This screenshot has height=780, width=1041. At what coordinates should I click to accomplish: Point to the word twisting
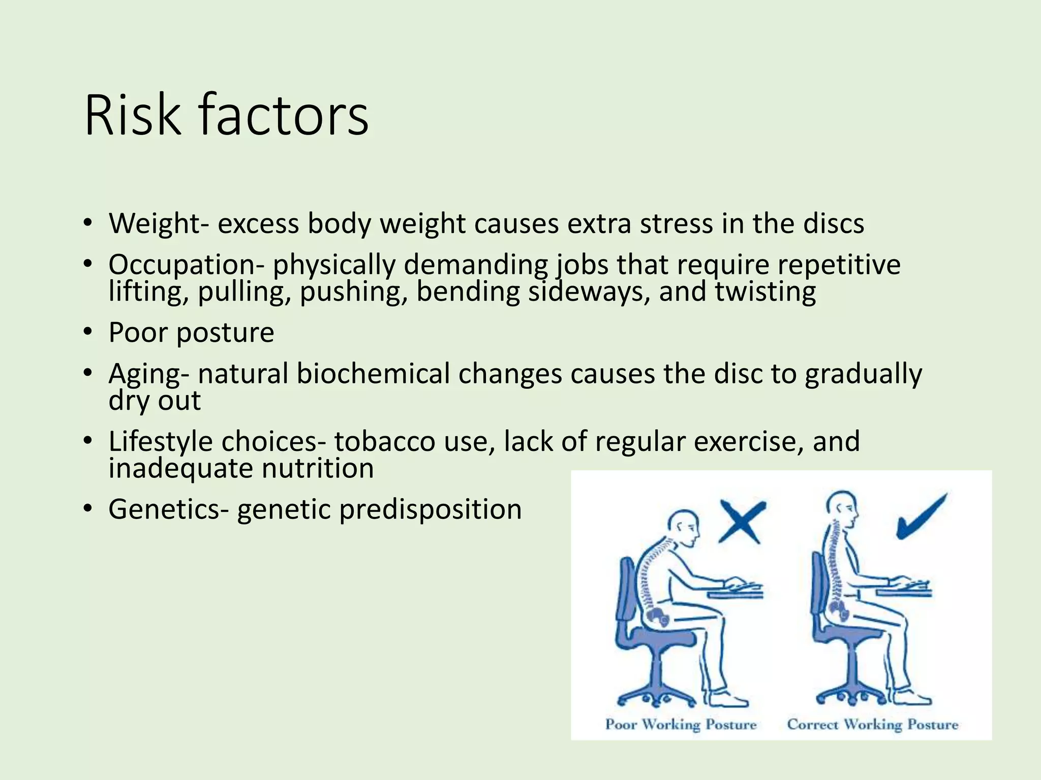pos(766,291)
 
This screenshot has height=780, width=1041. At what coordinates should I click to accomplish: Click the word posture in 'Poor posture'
pos(225,333)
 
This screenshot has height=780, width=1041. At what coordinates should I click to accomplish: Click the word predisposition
pos(430,509)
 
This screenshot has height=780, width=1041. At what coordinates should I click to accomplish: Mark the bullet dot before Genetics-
pos(88,508)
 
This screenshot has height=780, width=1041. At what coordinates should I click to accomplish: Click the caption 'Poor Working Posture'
pos(681,724)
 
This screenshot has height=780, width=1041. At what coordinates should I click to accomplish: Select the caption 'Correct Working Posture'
pos(872,724)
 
